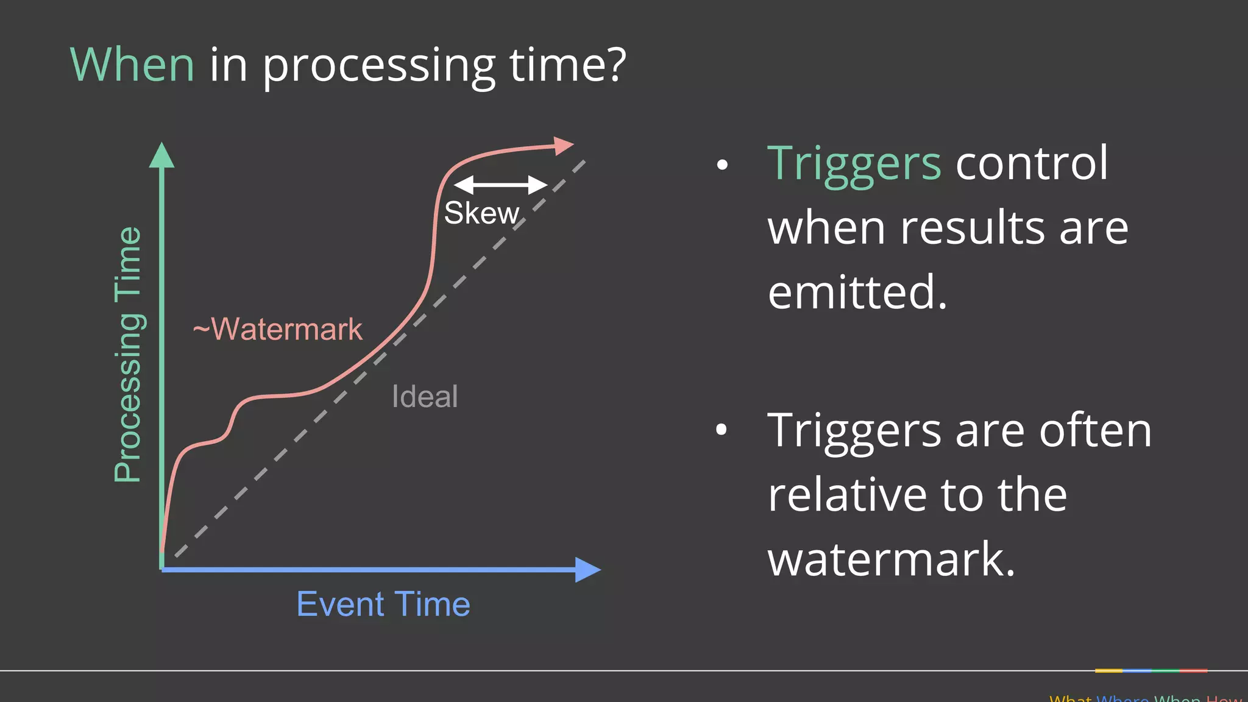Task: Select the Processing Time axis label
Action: (128, 354)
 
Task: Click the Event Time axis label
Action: (383, 604)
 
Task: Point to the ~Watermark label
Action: (277, 329)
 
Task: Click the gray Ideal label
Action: (425, 397)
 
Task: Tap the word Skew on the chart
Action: (481, 213)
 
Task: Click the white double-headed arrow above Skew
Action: (500, 185)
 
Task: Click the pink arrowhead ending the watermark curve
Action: (564, 146)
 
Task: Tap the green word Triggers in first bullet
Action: (854, 165)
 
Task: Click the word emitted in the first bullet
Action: (857, 292)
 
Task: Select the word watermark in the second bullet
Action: (891, 559)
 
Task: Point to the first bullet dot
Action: (722, 165)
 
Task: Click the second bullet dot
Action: (721, 430)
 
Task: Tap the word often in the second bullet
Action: (1094, 430)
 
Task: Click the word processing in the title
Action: (379, 66)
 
